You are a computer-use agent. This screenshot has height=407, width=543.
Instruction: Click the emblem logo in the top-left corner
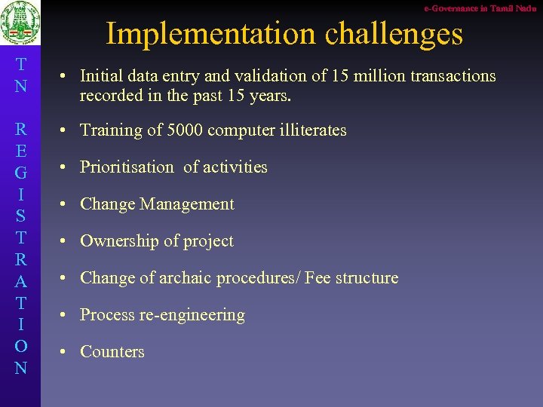point(20,25)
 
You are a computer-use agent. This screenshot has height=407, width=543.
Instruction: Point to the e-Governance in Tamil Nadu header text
point(480,8)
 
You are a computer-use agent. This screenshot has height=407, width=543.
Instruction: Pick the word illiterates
point(308,130)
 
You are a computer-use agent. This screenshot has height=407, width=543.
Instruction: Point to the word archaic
point(186,278)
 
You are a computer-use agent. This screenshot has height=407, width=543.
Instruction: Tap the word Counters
point(112,352)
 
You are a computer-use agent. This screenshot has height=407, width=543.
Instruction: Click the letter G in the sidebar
point(20,173)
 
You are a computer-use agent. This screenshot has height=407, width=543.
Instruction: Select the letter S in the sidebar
point(20,216)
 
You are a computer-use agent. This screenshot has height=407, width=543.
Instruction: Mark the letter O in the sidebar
point(20,346)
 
